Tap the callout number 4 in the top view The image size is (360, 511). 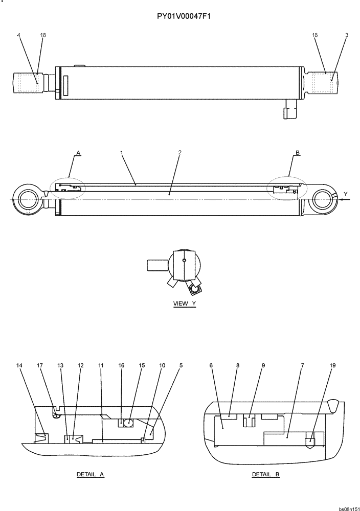(19, 35)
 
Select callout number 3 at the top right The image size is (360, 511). (346, 35)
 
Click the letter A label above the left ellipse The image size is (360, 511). (78, 152)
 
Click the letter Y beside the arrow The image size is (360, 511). (346, 194)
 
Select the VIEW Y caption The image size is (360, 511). (185, 304)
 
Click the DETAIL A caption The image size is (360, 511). (90, 474)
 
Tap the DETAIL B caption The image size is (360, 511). (266, 474)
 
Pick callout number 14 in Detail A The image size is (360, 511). (19, 366)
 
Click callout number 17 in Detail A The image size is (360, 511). (40, 366)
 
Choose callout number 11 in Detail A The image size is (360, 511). (101, 366)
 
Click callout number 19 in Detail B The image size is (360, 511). (332, 366)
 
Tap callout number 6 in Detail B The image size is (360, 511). (211, 366)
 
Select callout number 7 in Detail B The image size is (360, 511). (303, 366)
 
